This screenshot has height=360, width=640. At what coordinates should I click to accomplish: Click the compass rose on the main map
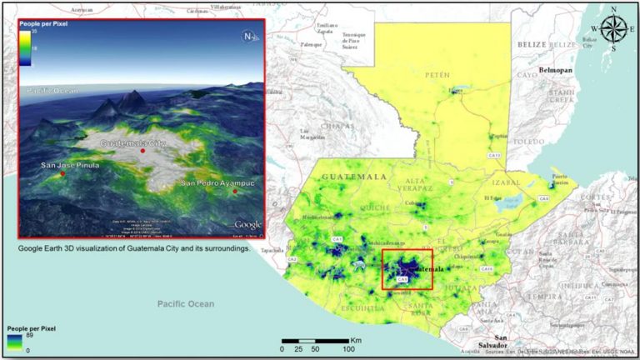tap(615, 28)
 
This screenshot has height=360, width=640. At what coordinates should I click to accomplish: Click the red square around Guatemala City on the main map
tap(407, 268)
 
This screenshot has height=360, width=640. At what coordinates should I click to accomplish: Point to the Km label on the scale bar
tap(356, 340)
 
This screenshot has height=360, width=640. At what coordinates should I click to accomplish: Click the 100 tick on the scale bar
tap(348, 349)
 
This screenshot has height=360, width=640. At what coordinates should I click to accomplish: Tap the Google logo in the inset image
tap(247, 224)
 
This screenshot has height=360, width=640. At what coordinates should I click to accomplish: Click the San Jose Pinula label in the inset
tap(70, 165)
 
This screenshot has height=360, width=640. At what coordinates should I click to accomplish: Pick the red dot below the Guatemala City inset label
tap(142, 152)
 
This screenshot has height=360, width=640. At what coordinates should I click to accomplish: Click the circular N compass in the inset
tap(248, 36)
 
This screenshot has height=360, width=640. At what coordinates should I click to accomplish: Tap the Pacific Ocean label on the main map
tap(186, 304)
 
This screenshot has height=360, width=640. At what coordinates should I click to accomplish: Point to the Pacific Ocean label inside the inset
tap(52, 90)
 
